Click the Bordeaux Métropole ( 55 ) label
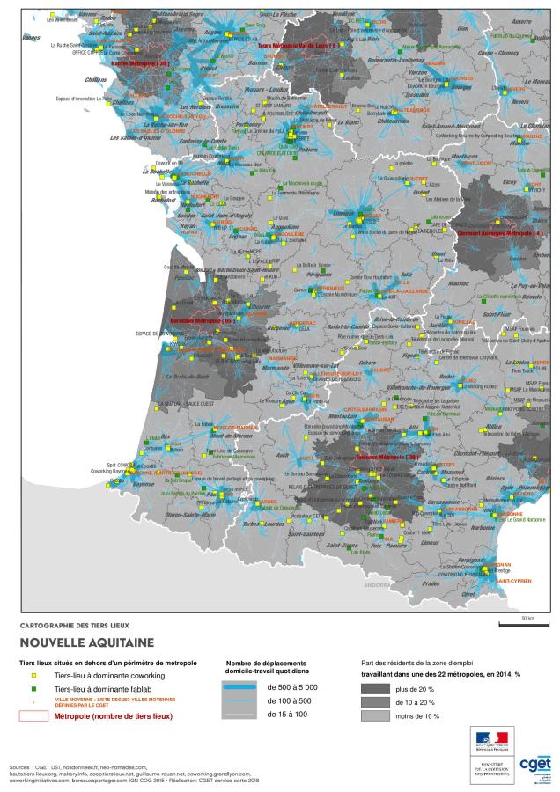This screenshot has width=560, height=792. point(202,321)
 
